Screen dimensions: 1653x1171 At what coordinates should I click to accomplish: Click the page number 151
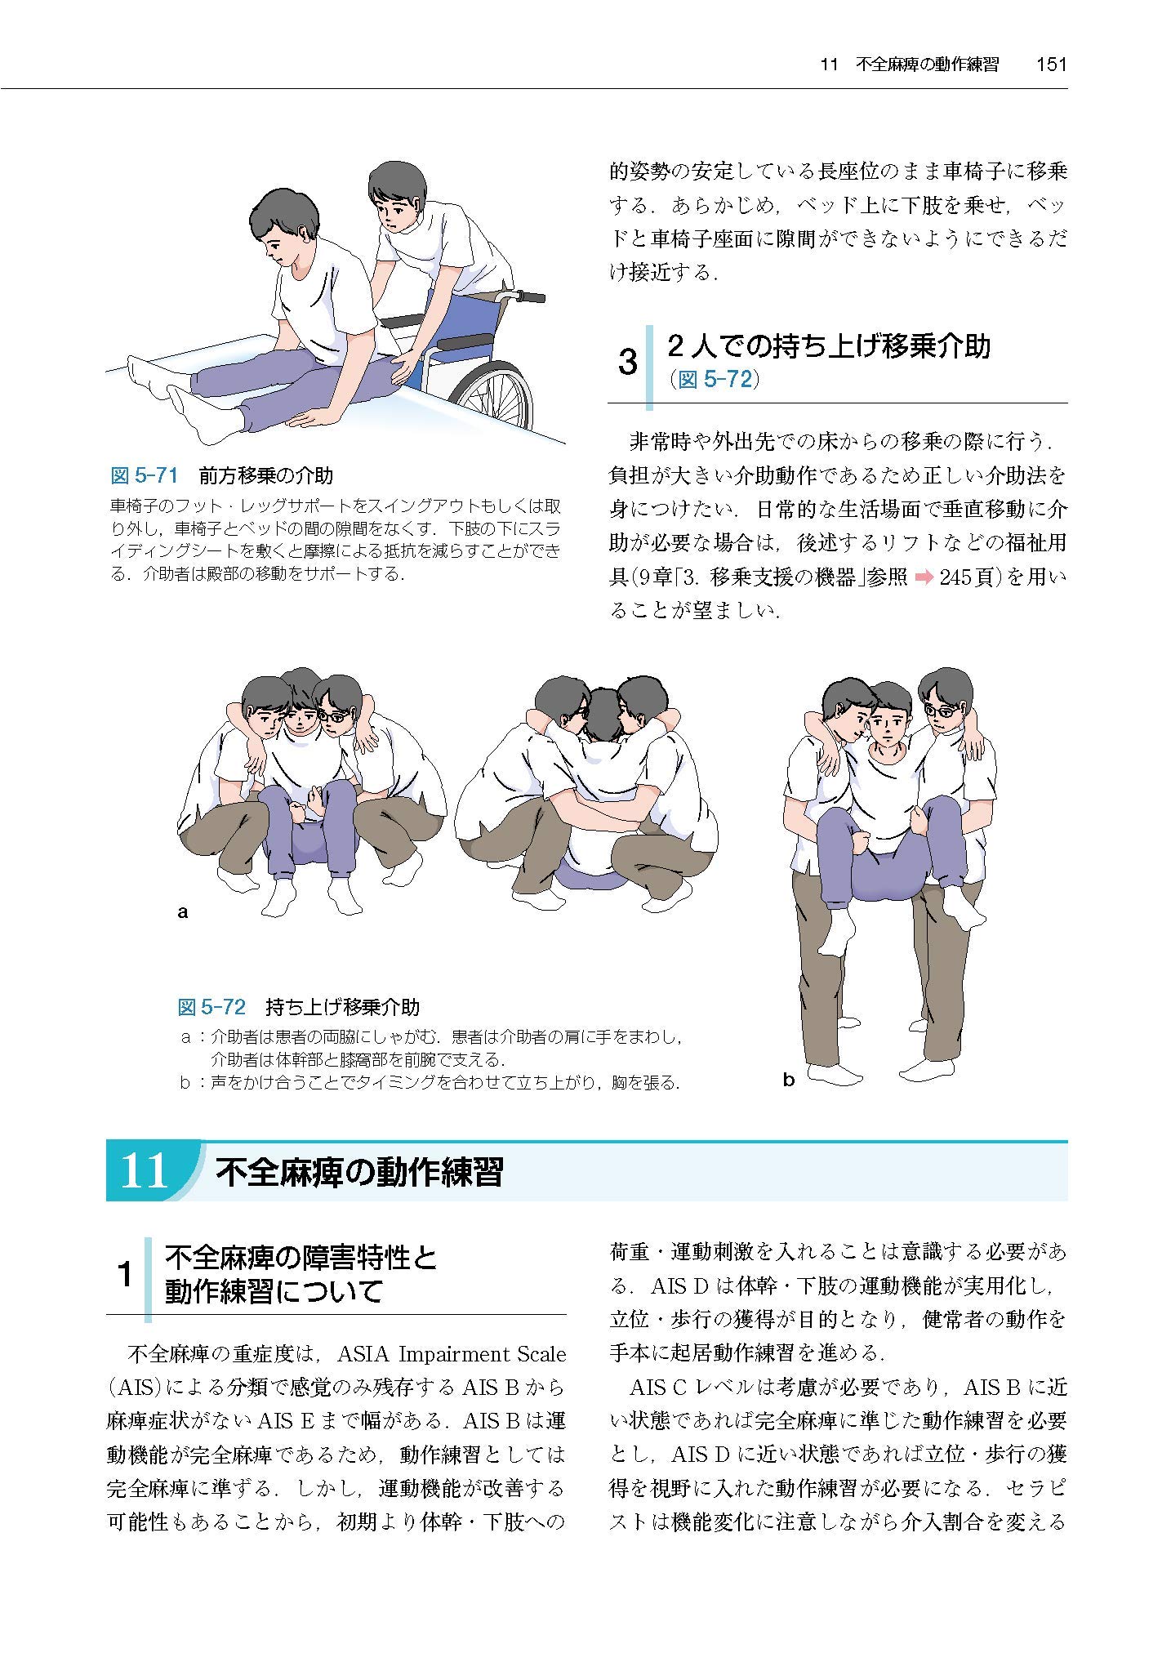(1051, 65)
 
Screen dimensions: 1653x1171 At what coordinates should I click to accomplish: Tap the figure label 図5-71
(144, 475)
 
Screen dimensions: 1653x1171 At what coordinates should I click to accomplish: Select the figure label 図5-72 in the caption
(211, 1007)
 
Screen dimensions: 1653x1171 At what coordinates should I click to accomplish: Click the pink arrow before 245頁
(924, 577)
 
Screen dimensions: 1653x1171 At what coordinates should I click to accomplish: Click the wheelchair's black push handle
(531, 297)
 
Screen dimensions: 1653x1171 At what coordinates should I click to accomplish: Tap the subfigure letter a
(183, 911)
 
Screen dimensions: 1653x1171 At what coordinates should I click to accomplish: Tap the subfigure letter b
(788, 1080)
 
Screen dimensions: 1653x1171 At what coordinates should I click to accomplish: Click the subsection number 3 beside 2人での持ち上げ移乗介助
(627, 363)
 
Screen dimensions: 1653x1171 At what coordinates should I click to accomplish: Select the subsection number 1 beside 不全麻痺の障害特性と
(125, 1275)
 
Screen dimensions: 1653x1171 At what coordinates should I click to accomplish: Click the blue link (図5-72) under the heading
(714, 380)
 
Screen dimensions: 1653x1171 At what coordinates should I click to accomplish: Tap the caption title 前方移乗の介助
(265, 475)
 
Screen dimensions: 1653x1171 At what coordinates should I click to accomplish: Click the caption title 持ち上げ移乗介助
(342, 1007)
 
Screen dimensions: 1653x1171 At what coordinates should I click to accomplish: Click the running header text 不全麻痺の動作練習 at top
(927, 65)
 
